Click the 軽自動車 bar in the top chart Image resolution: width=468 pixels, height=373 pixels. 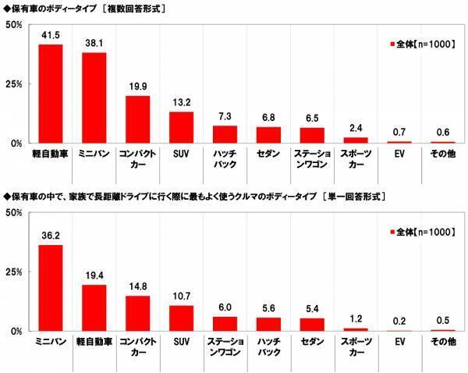(x=51, y=94)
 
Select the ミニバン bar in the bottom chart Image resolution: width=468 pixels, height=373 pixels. (x=51, y=288)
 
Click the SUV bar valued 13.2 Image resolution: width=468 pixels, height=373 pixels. (x=182, y=127)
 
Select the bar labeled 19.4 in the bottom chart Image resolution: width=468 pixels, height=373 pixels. (x=94, y=307)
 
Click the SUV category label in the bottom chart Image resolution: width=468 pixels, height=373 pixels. (x=182, y=341)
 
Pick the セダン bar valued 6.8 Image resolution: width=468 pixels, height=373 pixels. (x=269, y=135)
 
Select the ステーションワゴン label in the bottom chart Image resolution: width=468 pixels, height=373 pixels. (x=225, y=346)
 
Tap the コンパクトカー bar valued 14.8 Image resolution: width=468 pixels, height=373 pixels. (x=138, y=313)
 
